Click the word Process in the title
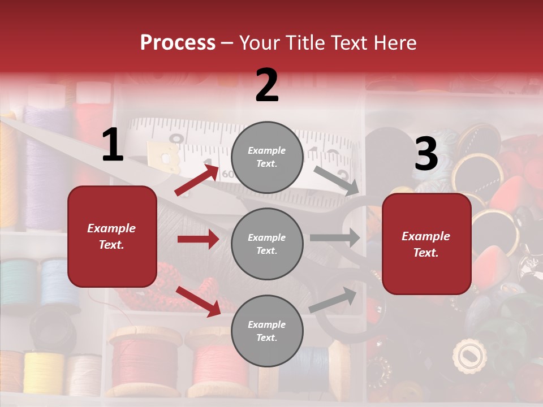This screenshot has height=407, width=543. point(178,43)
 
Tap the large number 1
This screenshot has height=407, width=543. point(113,145)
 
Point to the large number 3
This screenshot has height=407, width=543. point(426,154)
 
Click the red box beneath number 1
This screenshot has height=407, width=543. point(112,236)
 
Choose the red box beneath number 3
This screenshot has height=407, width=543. point(426,244)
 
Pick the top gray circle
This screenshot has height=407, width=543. point(267,157)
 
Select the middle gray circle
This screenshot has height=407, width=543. point(267,244)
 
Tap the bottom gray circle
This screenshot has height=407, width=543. point(267,331)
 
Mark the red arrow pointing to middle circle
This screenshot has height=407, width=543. point(198,239)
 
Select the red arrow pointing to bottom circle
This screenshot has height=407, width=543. point(199,301)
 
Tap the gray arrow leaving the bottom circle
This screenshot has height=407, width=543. point(333,300)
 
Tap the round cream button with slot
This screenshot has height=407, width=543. point(469,356)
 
